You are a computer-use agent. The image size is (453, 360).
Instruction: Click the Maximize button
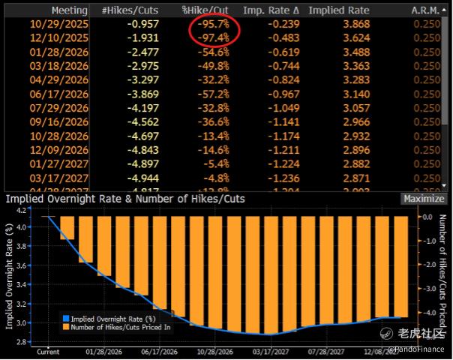tap(422, 199)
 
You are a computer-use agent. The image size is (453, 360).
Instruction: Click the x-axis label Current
tap(48, 352)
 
